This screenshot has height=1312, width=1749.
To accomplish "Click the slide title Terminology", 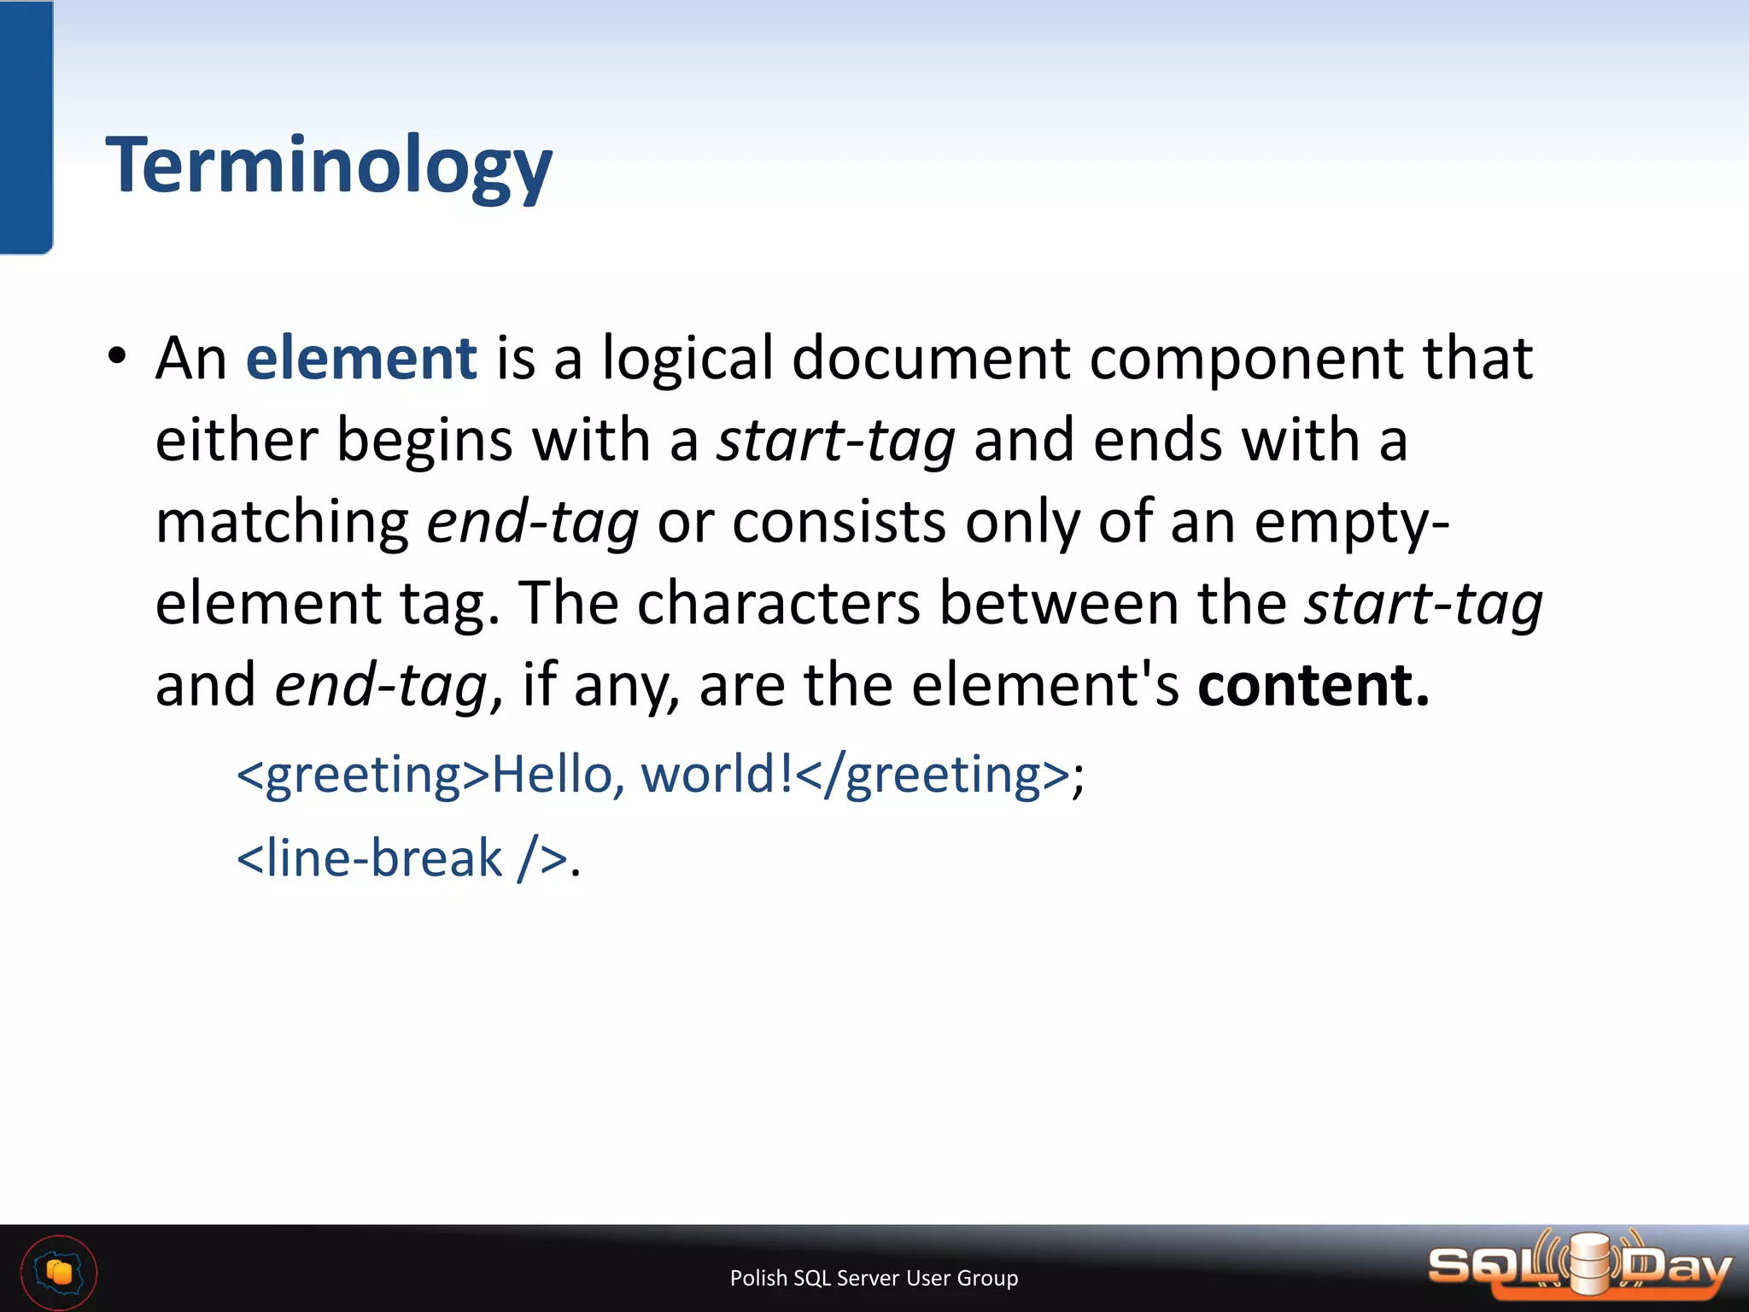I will click(x=329, y=166).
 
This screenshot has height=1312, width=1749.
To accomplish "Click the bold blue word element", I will click(x=360, y=358).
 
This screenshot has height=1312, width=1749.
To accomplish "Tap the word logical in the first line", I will click(x=687, y=358).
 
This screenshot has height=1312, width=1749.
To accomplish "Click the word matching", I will click(x=282, y=523).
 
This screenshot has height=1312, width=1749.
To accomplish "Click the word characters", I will click(x=778, y=604).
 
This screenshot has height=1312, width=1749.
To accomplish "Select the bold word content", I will click(x=1313, y=686).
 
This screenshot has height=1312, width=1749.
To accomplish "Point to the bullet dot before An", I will click(x=118, y=356).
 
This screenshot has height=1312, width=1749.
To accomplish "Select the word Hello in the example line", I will click(x=552, y=776).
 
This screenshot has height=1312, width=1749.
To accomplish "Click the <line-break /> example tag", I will click(x=401, y=858).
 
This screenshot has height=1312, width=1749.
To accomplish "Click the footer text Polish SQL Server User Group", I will click(x=874, y=1278).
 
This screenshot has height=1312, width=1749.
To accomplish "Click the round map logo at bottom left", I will click(x=59, y=1273).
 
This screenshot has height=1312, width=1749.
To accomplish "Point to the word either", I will click(x=237, y=441).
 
